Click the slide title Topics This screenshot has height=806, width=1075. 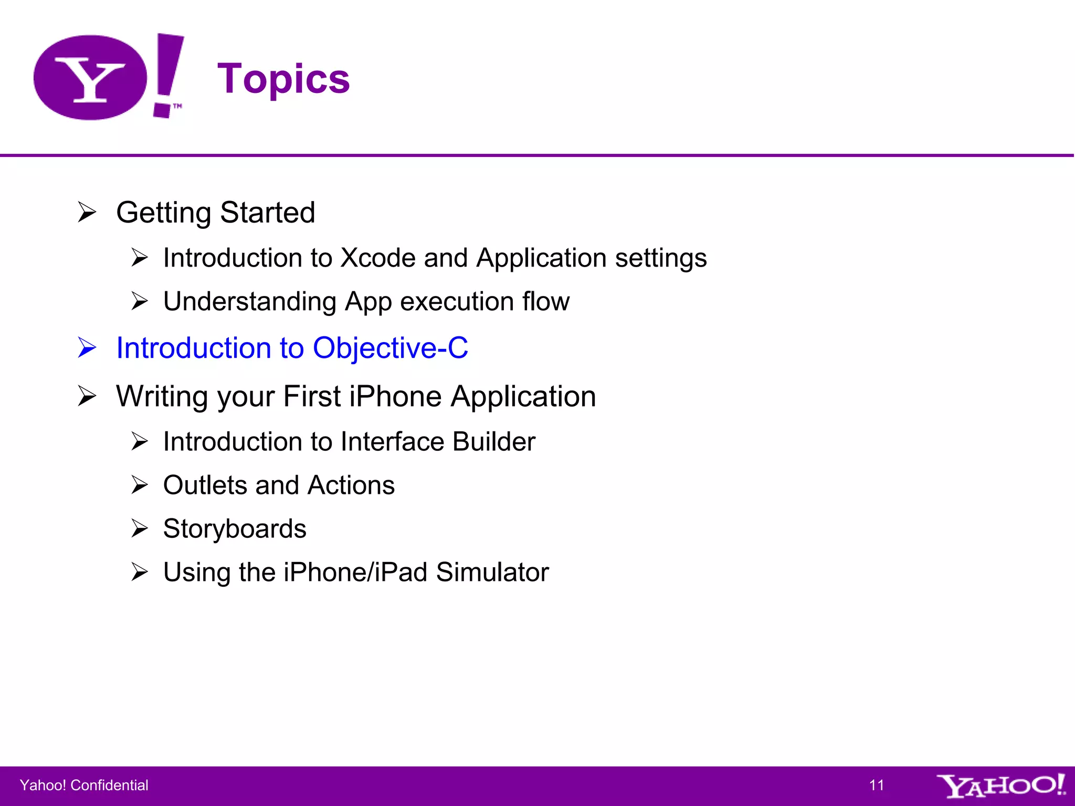[283, 79]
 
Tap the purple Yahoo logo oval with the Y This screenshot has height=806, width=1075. [90, 78]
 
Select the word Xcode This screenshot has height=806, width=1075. [378, 258]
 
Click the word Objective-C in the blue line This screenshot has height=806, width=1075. [390, 348]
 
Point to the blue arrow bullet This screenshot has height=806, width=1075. [87, 348]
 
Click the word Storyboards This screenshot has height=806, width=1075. [235, 529]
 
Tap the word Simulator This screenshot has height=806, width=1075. [492, 572]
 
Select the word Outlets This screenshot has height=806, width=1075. [205, 485]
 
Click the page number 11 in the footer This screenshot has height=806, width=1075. [877, 786]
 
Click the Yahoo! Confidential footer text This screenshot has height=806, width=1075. [84, 786]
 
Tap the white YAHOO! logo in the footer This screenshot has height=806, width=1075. [1000, 786]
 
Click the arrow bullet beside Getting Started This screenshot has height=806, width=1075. [87, 213]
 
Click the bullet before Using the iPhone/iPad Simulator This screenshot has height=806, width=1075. [140, 572]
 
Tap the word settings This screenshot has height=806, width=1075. [661, 258]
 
